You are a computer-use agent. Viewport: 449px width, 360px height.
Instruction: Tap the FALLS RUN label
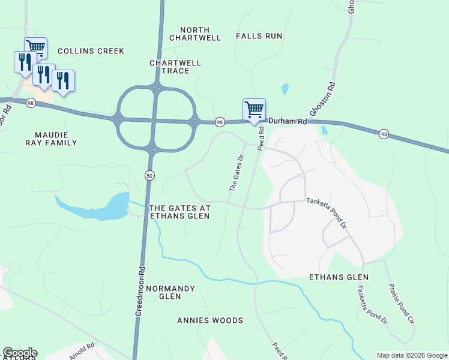click(x=259, y=36)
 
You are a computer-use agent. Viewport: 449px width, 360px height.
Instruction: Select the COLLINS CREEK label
click(x=91, y=51)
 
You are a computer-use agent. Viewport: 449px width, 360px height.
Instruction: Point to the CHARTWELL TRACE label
click(x=169, y=67)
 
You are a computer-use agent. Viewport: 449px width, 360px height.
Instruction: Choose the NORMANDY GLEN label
click(x=171, y=292)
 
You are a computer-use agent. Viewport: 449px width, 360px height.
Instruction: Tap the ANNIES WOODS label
click(x=210, y=320)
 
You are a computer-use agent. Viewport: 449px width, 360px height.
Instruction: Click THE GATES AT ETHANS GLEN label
click(x=179, y=212)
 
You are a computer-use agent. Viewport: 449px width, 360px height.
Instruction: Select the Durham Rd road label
click(x=288, y=121)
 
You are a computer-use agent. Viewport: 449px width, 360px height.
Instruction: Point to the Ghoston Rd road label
click(x=317, y=103)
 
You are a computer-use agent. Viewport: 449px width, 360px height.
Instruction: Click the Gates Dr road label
click(x=236, y=173)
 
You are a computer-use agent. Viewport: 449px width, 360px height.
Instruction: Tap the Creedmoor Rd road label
click(x=140, y=291)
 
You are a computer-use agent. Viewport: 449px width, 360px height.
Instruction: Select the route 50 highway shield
click(x=149, y=174)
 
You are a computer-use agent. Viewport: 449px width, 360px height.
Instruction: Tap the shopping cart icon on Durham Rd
click(x=254, y=109)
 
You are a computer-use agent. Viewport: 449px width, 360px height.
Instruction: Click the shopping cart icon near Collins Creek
click(x=35, y=47)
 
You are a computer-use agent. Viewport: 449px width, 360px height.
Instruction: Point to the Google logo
click(x=20, y=353)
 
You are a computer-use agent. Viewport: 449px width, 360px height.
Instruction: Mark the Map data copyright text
click(x=412, y=355)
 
